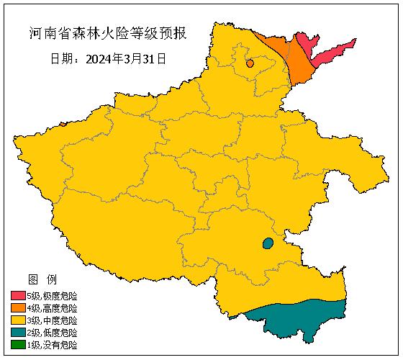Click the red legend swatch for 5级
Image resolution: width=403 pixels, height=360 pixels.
pyautogui.click(x=18, y=296)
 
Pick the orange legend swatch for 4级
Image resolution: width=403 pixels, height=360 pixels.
pyautogui.click(x=18, y=308)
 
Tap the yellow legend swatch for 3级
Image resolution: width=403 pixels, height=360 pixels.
pyautogui.click(x=18, y=320)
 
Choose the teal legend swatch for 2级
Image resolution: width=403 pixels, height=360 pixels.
pyautogui.click(x=18, y=333)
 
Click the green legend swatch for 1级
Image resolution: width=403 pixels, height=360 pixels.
pyautogui.click(x=18, y=345)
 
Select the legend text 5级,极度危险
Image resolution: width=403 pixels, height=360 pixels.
pyautogui.click(x=52, y=296)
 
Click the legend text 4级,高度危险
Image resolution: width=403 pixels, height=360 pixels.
pyautogui.click(x=52, y=308)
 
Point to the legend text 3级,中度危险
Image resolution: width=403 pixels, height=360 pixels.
pyautogui.click(x=52, y=320)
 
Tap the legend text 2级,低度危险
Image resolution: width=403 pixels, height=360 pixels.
pyautogui.click(x=52, y=333)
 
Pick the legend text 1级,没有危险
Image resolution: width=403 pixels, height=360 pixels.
pyautogui.click(x=52, y=345)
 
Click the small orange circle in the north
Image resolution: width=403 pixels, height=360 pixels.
pyautogui.click(x=250, y=63)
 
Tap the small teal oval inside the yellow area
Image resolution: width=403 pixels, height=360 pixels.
pyautogui.click(x=268, y=243)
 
